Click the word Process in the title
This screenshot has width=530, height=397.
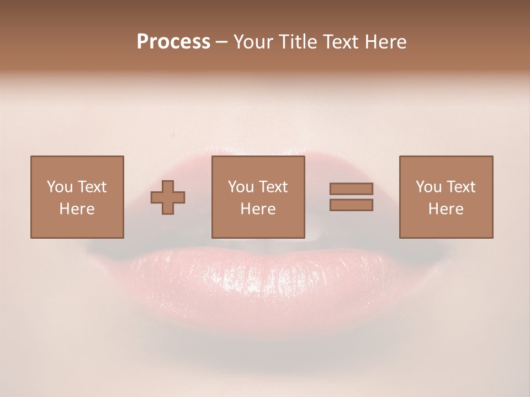pyautogui.click(x=173, y=42)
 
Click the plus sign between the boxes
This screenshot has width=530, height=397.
pyautogui.click(x=168, y=197)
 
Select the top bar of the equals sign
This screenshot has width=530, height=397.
pyautogui.click(x=351, y=189)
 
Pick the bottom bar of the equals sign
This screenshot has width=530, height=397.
pyautogui.click(x=351, y=205)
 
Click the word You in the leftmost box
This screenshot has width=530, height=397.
pyautogui.click(x=60, y=187)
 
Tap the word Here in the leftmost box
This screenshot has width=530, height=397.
pyautogui.click(x=77, y=209)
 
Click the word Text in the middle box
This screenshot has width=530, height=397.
pyautogui.click(x=273, y=187)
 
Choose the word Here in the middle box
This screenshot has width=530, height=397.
pyautogui.click(x=258, y=209)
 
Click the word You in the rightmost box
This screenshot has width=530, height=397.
pyautogui.click(x=428, y=187)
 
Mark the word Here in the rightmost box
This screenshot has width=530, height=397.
pyautogui.click(x=446, y=209)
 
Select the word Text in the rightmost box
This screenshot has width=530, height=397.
pyautogui.click(x=461, y=187)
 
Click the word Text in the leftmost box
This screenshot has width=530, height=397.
pyautogui.click(x=92, y=187)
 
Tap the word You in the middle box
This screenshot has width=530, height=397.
pyautogui.click(x=241, y=187)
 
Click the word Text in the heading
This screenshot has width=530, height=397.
pyautogui.click(x=340, y=42)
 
